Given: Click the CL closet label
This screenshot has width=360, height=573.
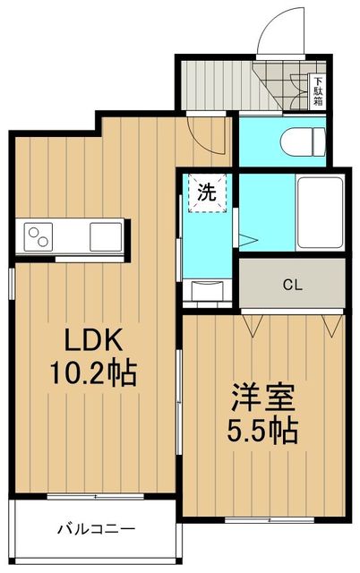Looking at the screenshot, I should (x=291, y=286).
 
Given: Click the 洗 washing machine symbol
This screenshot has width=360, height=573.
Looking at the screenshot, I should (x=207, y=191).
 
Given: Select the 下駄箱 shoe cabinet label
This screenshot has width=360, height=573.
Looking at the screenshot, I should (x=319, y=90).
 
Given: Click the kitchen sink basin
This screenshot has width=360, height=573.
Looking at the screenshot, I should (x=105, y=238).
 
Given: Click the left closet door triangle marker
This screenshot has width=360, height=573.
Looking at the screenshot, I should (x=252, y=325).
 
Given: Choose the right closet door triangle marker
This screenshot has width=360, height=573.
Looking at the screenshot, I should (x=332, y=325).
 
